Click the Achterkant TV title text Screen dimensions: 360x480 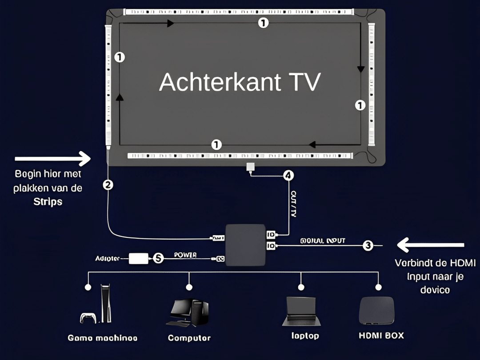pos(240,82)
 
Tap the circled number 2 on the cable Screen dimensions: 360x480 pos(108,185)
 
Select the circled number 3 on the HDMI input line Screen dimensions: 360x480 pos(368,245)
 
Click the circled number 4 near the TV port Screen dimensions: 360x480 pos(288,176)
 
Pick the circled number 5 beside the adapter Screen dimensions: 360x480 pos(158,258)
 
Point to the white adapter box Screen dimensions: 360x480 pos(139,258)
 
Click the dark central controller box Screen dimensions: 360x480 pos(245,245)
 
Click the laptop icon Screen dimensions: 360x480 pos(301,311)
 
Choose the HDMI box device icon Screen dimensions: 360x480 pos(376,310)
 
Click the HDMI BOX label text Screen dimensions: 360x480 pos(381,336)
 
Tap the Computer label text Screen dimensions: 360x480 pos(189,338)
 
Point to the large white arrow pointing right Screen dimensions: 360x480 pos(52,158)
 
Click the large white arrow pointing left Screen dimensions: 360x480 pos(431,245)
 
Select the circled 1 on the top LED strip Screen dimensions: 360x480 pos(264,23)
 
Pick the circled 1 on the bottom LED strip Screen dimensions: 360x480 pos(216,144)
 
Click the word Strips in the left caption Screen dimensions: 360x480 pos(48,201)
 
